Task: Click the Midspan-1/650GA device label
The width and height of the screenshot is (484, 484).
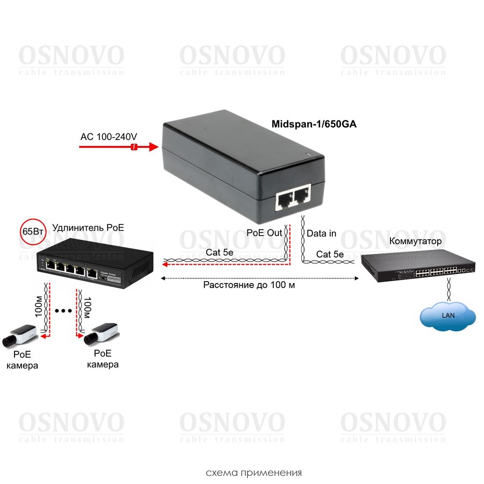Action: [x=314, y=124]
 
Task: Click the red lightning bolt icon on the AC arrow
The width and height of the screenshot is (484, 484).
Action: [x=134, y=146]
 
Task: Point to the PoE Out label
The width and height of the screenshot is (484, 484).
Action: [x=264, y=233]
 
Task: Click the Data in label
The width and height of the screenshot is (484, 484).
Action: [x=322, y=233]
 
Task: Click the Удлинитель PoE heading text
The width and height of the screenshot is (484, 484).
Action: [x=88, y=227]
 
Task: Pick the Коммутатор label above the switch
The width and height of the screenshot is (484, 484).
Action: [x=415, y=241]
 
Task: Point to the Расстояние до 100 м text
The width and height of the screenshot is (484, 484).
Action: [x=249, y=285]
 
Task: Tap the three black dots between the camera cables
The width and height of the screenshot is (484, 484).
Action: [x=64, y=310]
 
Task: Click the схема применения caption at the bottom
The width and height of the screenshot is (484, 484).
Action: [x=254, y=473]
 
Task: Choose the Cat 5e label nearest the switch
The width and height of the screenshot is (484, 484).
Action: [x=330, y=254]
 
